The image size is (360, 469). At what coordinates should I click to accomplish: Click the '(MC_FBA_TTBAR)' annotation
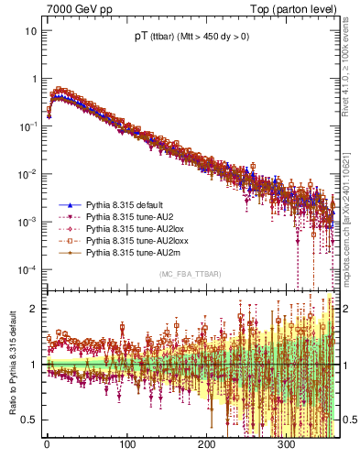coord(188,275)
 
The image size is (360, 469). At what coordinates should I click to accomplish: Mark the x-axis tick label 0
coord(47,445)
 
